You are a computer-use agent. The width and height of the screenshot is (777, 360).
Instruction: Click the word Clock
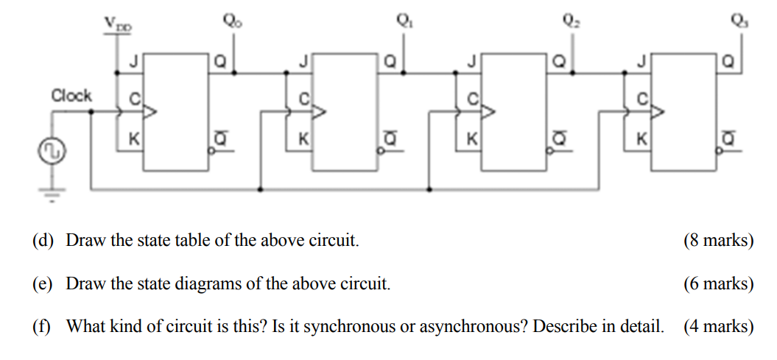[x=71, y=96]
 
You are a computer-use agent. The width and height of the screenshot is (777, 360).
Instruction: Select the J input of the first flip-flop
[x=133, y=63]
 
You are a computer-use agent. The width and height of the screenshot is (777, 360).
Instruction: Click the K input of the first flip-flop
[x=133, y=138]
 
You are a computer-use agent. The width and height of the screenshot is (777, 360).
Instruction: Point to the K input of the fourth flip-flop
[x=641, y=138]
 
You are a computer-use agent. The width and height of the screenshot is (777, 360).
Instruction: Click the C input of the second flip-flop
[x=303, y=98]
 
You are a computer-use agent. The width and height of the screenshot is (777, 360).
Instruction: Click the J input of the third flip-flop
[x=472, y=63]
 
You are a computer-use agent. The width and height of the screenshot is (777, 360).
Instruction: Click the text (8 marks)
[x=718, y=241]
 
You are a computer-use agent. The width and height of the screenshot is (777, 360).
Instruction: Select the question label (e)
[x=42, y=283]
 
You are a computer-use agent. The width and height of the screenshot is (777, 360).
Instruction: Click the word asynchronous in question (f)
[x=468, y=326]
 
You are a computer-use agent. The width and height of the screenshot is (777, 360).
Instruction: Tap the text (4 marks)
[x=718, y=326]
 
